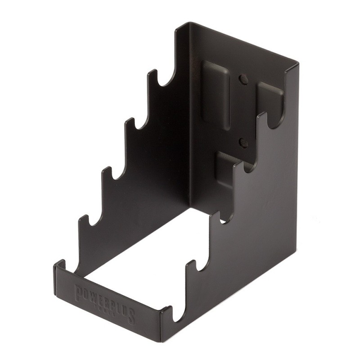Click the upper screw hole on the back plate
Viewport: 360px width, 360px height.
pos(243,79)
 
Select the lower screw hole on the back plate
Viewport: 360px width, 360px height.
pos(243,143)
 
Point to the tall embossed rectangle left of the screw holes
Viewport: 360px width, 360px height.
pos(215,92)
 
